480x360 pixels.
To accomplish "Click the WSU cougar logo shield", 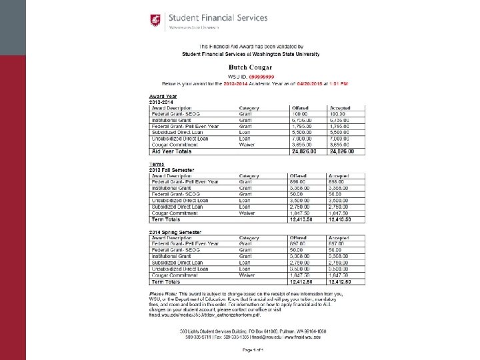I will pos(156,19).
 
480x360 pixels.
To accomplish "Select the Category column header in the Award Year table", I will pos(249,108).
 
